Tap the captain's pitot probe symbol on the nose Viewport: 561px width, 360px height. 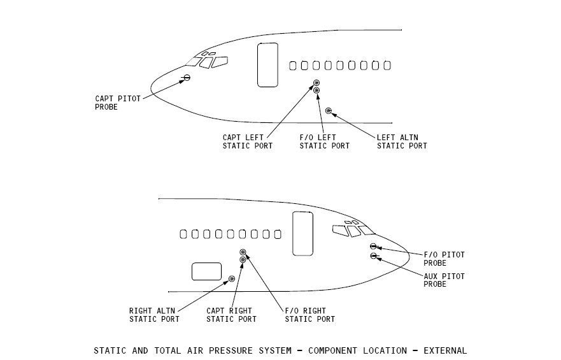187,78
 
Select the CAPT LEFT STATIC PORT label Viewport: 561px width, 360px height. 248,141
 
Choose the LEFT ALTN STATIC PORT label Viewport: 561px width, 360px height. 402,141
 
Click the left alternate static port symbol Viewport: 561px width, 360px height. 329,112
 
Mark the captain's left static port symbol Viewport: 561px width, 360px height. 316,83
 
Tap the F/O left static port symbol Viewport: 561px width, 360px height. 316,90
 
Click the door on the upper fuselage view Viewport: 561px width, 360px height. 267,64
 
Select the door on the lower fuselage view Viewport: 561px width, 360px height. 302,233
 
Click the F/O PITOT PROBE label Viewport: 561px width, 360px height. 444,259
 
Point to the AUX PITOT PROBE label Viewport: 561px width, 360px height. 444,280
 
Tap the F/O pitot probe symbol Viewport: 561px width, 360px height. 373,247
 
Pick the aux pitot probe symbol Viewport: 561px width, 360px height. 373,256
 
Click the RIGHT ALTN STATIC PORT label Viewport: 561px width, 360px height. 154,315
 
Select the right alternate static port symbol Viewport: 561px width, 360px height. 232,278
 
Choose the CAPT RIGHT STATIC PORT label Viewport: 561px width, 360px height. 232,315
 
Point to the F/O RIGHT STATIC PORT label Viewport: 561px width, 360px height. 309,315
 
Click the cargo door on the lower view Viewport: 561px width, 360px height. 206,271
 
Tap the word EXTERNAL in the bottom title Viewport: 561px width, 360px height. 444,350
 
